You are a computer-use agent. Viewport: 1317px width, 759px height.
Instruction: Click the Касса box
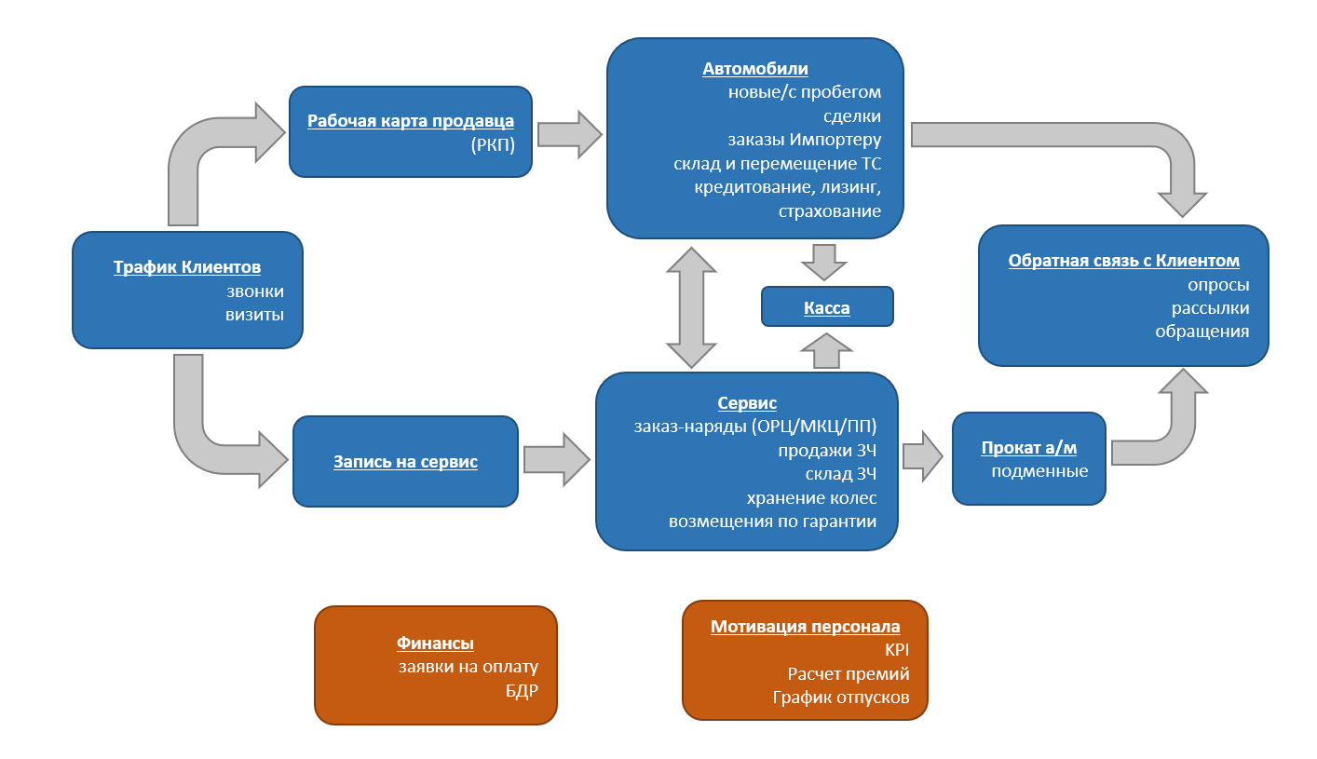(827, 307)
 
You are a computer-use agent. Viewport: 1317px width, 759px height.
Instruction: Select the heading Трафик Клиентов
(187, 268)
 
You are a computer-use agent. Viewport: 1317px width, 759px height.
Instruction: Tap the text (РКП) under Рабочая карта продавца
(493, 145)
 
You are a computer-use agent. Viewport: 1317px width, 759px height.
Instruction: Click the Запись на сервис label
(405, 461)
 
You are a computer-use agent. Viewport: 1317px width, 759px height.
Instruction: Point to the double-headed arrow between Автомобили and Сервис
(692, 307)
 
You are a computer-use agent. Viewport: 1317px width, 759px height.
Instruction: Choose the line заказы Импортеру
(804, 141)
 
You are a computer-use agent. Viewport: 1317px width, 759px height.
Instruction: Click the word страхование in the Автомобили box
(829, 211)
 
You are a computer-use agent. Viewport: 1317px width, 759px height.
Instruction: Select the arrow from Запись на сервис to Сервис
(556, 459)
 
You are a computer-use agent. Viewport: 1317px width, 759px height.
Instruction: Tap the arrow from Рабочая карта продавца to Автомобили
(569, 134)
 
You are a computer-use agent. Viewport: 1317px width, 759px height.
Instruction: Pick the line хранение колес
(811, 497)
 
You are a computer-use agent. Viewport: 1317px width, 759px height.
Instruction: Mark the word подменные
(1039, 471)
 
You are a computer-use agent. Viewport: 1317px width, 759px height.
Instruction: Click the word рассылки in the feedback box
(1210, 308)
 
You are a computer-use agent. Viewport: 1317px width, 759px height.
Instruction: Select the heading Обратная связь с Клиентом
(1123, 261)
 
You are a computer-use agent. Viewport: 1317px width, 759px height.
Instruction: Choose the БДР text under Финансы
(522, 691)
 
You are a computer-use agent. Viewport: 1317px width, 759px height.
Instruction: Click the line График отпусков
(840, 697)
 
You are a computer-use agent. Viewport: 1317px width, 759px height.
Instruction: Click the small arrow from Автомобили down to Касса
(823, 262)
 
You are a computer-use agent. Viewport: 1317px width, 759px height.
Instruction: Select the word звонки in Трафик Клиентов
(254, 291)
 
